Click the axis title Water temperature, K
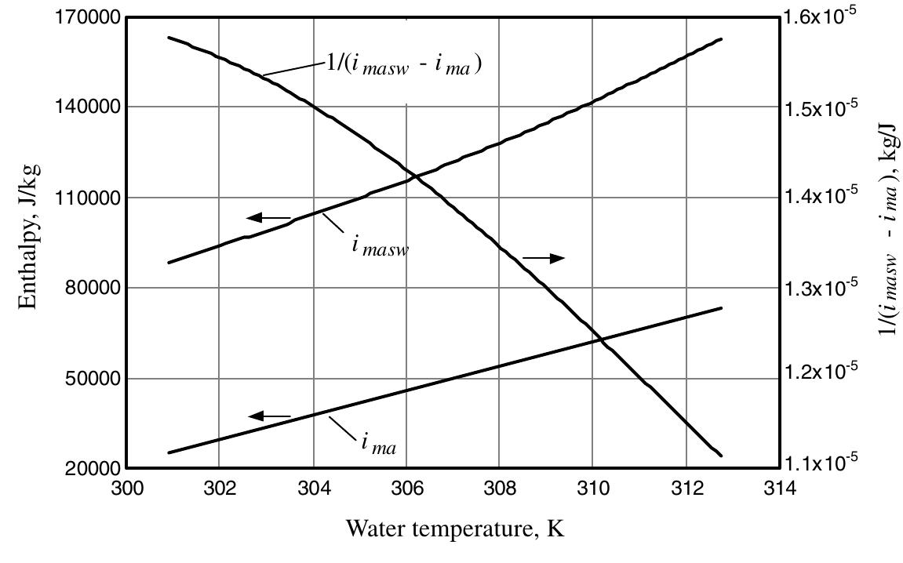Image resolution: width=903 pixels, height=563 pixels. (x=455, y=529)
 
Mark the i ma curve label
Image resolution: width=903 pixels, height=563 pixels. (x=379, y=444)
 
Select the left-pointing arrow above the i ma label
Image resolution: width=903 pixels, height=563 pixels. (x=269, y=416)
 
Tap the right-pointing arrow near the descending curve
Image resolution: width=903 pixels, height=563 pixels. (x=544, y=258)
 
